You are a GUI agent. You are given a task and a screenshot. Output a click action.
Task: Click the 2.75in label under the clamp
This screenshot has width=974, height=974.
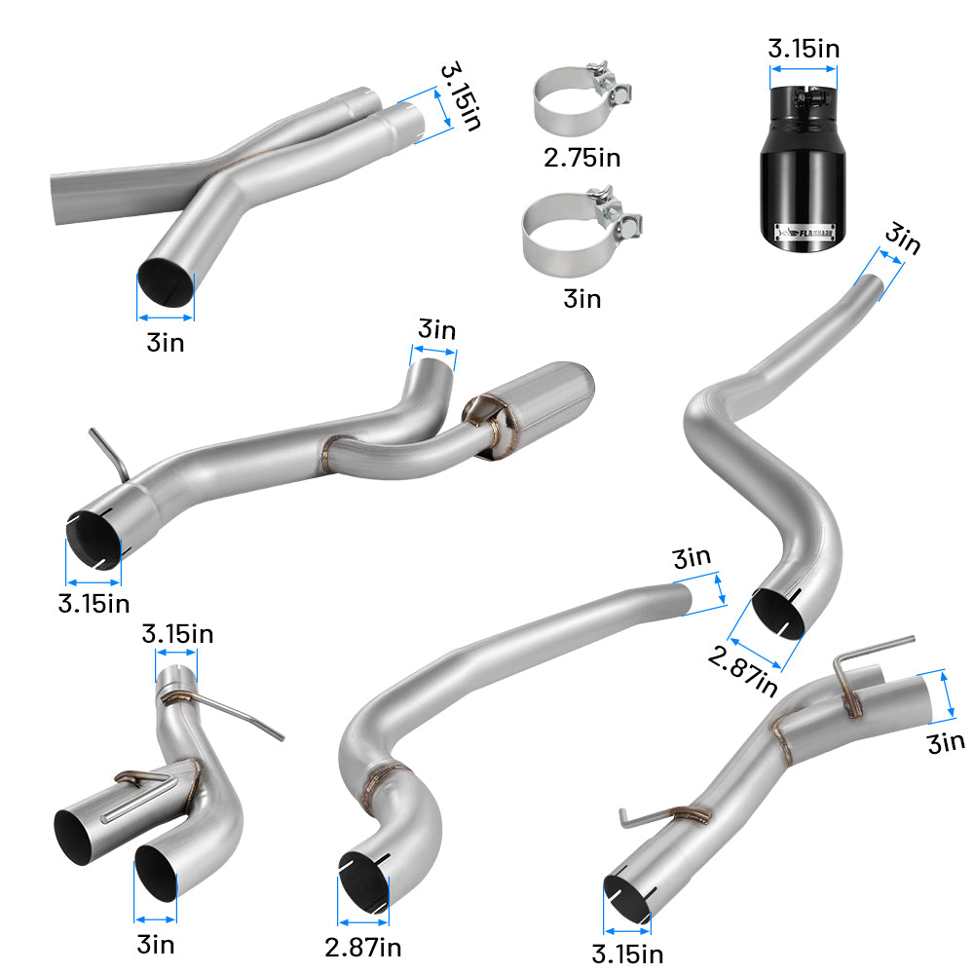tap(581, 157)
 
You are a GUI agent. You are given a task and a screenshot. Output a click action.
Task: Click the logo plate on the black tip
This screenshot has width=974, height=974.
tap(805, 233)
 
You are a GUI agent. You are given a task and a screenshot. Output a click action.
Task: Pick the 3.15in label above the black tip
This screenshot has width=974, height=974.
tap(804, 47)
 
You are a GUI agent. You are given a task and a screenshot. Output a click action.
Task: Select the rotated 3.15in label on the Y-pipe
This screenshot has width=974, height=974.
tap(460, 98)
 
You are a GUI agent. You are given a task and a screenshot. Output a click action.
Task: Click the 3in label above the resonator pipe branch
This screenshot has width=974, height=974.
tap(435, 330)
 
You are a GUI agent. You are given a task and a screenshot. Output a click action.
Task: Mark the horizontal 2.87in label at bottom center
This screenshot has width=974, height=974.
tap(363, 946)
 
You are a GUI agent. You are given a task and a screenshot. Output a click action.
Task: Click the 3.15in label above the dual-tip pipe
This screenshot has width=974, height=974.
tap(177, 634)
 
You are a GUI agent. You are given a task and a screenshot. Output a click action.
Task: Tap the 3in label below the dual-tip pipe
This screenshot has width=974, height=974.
tap(156, 944)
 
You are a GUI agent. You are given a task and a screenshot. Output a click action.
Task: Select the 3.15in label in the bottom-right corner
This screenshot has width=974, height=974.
tap(629, 953)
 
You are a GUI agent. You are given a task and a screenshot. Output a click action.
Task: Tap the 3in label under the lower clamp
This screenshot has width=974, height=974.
tap(582, 298)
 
